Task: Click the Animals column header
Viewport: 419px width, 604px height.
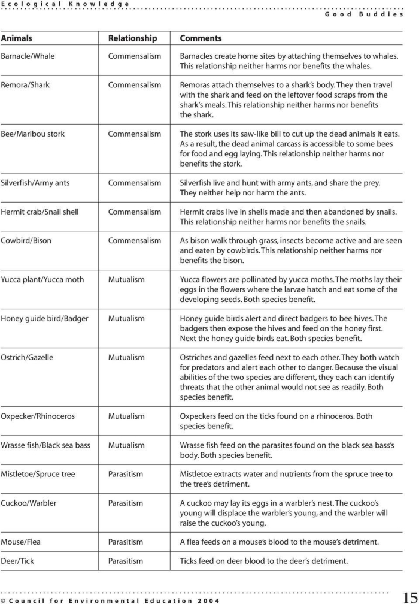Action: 17,38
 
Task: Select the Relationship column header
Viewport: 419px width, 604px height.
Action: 132,38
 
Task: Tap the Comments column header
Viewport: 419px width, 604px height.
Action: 201,38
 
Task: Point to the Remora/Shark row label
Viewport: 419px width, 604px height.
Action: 25,85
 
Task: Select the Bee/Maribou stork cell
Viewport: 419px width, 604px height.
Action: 32,134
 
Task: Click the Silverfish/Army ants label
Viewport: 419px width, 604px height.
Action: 35,183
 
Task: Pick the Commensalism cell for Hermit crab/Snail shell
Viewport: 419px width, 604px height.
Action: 134,212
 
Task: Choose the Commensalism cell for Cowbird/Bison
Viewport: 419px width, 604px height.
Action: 134,241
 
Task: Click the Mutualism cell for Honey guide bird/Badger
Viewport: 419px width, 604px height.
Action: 126,319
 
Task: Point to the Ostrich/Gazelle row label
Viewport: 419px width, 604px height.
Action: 27,358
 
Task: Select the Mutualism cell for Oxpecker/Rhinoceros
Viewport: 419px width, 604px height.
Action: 126,416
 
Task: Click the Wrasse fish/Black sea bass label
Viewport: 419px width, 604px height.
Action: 45,445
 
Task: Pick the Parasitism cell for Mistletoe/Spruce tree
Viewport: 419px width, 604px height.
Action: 126,474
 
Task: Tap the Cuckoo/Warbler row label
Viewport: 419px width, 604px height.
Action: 29,503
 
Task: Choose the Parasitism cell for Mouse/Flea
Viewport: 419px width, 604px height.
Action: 126,542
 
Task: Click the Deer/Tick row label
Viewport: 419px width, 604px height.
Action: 18,561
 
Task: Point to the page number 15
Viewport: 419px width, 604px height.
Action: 410,599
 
